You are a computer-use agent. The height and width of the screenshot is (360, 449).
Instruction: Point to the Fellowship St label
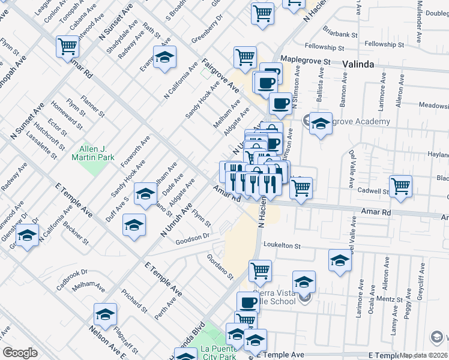(324, 47)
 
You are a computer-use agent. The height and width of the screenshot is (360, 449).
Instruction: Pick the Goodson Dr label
(192, 239)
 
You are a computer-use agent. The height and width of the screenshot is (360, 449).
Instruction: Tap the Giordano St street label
(220, 266)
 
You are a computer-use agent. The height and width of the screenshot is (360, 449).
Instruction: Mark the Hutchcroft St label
(46, 132)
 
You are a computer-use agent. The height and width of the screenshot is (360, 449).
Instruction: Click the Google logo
(20, 352)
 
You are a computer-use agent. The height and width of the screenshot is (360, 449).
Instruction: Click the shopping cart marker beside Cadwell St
(400, 186)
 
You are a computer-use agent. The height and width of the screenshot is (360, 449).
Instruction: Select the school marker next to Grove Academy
(321, 124)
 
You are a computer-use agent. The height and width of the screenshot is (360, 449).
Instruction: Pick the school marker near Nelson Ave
(105, 314)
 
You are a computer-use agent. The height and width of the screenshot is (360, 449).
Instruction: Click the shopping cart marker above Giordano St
(260, 271)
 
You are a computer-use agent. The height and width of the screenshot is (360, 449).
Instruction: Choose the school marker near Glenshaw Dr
(27, 236)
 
